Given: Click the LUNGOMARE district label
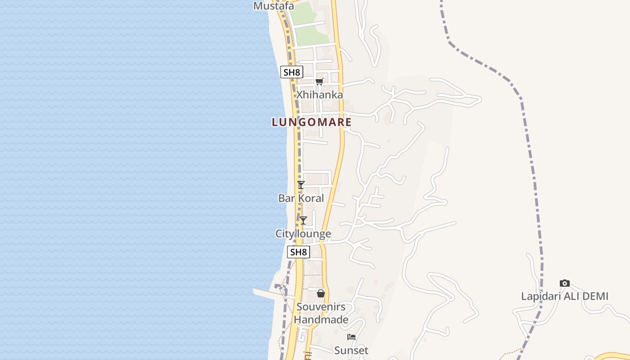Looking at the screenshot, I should (311, 122).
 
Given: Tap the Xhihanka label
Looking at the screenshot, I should (319, 95).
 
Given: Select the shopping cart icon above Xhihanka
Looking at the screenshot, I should (319, 81).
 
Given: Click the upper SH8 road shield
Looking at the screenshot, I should (291, 72).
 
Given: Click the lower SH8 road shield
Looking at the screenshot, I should (298, 252).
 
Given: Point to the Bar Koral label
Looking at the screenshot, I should (301, 198).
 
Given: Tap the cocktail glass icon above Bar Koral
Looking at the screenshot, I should (301, 184).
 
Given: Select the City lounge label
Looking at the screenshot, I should (303, 234).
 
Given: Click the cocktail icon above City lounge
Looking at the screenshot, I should (303, 220).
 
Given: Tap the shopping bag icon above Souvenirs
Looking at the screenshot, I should (321, 293).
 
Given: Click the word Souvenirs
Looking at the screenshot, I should (321, 307).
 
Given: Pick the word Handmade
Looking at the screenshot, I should (321, 320).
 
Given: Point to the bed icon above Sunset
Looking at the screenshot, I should (351, 337).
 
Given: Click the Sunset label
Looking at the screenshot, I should (351, 350).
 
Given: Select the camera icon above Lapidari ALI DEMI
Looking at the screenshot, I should (564, 283).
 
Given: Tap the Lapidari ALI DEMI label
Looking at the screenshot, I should (564, 296).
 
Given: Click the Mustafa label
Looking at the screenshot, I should (274, 6).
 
